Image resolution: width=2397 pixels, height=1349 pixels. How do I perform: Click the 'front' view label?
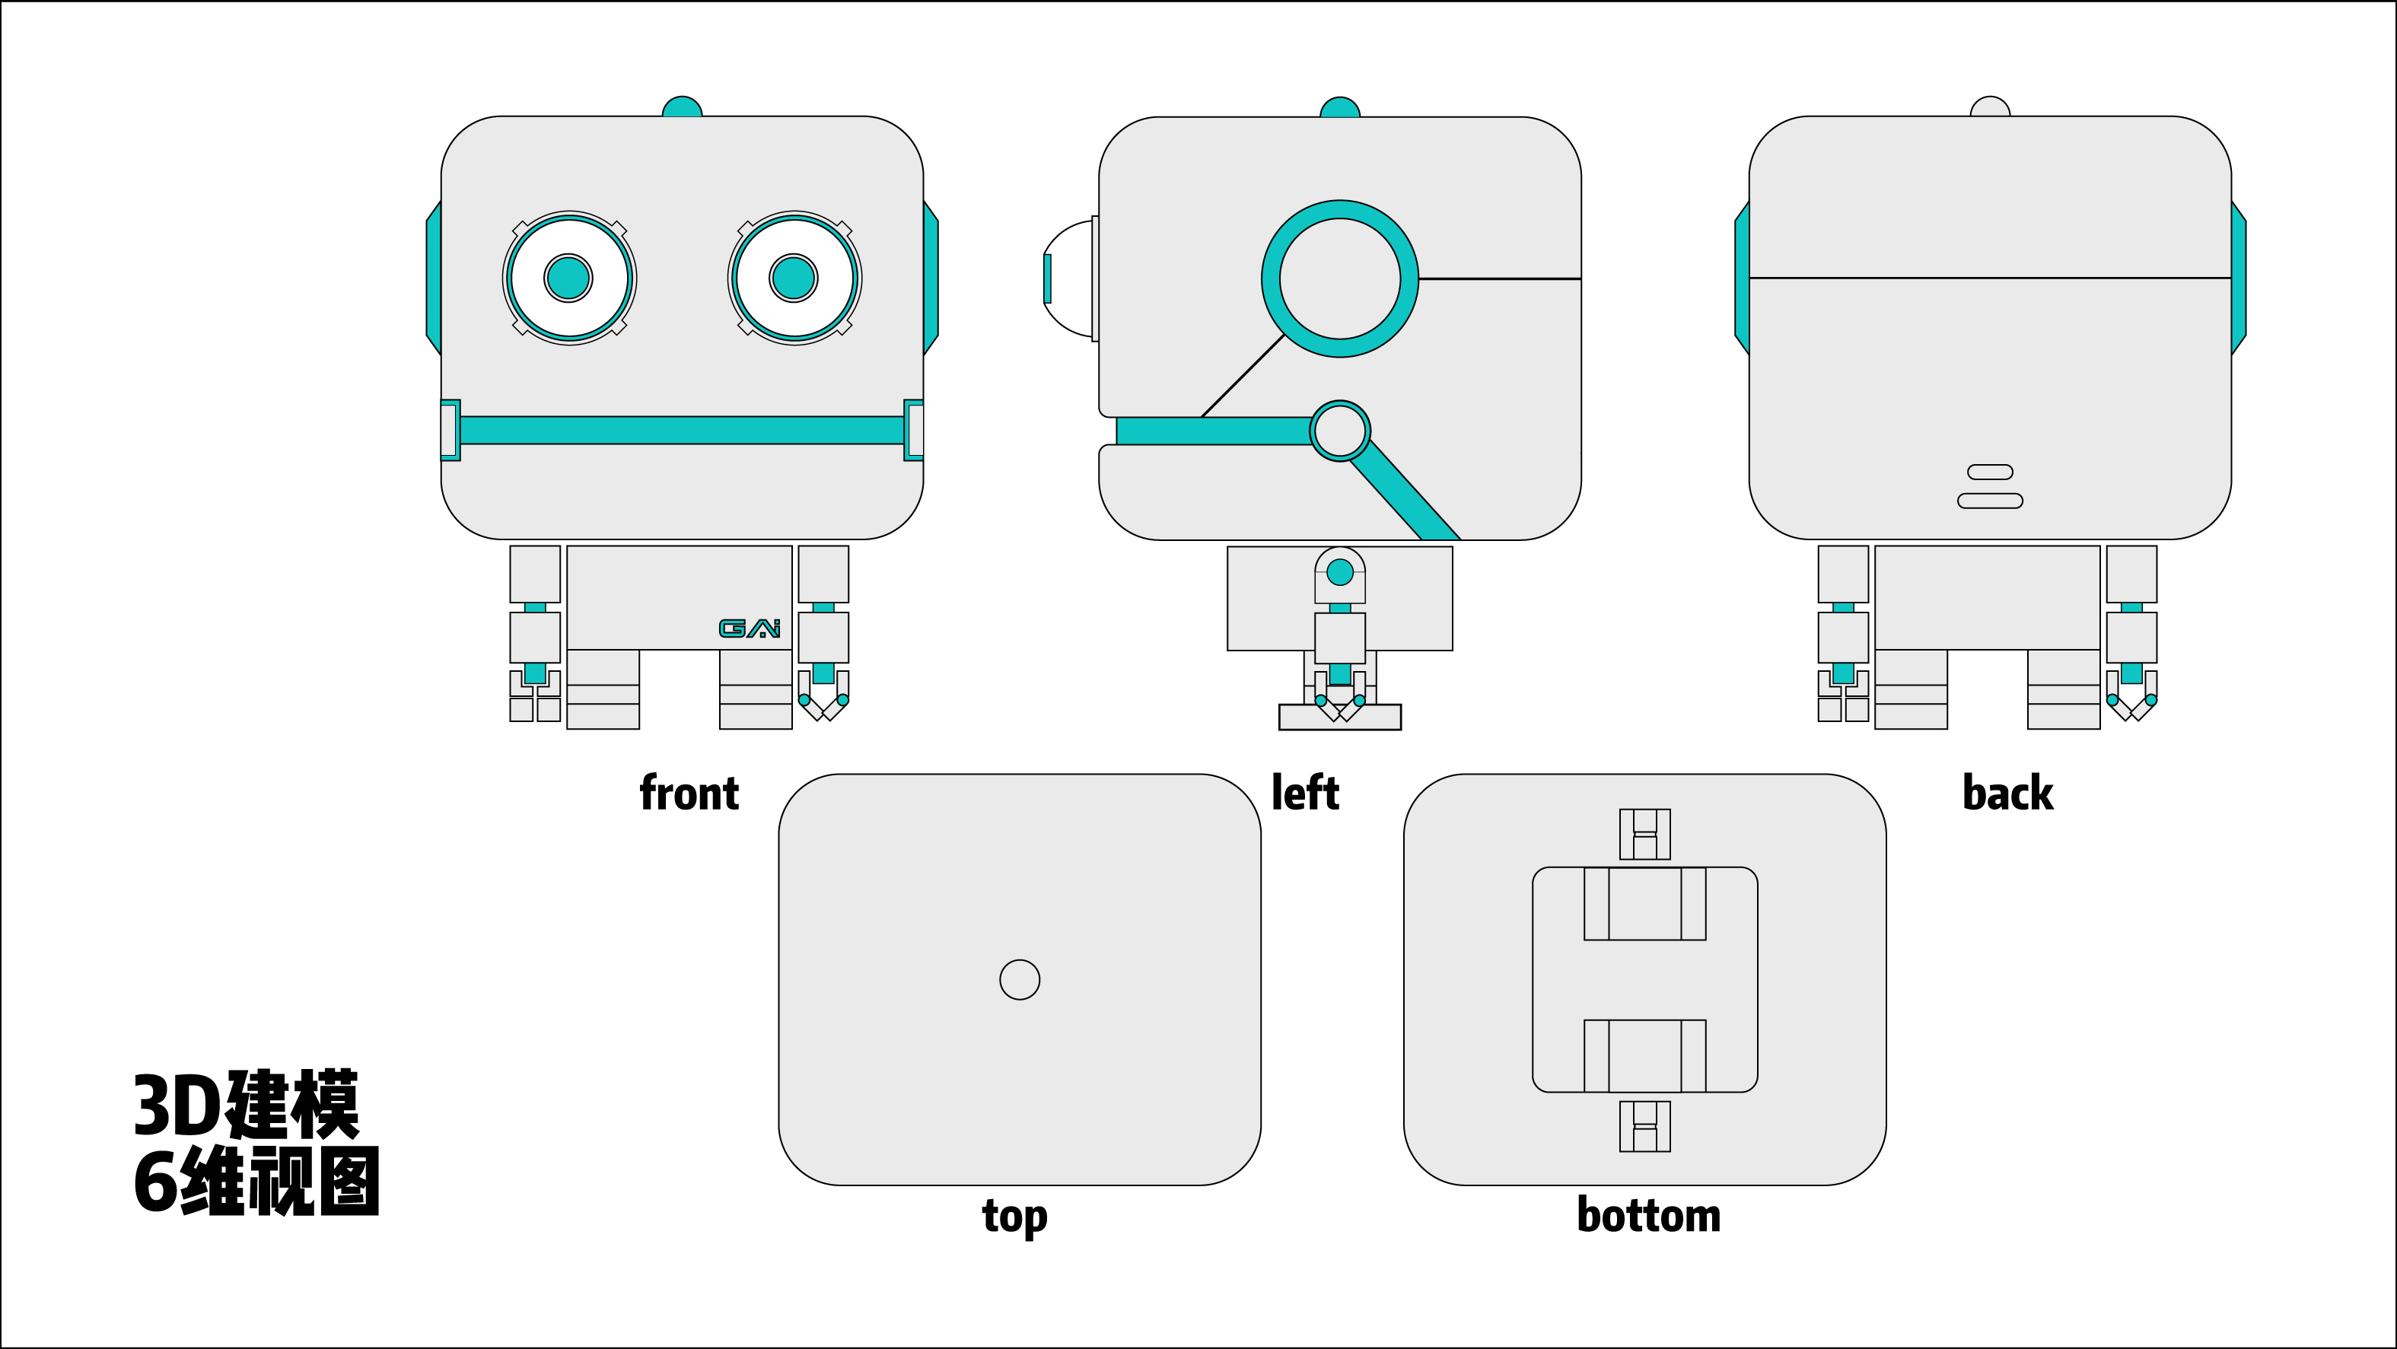pyautogui.click(x=689, y=794)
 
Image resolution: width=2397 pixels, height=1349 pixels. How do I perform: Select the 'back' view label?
pyautogui.click(x=2007, y=794)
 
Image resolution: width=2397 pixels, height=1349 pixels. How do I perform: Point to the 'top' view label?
pyautogui.click(x=1014, y=1216)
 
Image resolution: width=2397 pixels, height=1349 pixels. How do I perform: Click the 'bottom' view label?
pyautogui.click(x=1648, y=1216)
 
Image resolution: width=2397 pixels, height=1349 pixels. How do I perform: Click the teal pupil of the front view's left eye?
pyautogui.click(x=568, y=277)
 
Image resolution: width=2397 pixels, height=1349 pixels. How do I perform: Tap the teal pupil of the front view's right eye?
pyautogui.click(x=794, y=277)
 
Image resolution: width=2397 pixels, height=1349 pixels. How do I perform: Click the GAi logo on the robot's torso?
pyautogui.click(x=749, y=629)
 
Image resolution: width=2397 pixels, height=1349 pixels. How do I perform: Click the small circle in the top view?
pyautogui.click(x=1019, y=980)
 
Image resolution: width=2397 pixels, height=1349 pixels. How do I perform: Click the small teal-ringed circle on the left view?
pyautogui.click(x=1340, y=431)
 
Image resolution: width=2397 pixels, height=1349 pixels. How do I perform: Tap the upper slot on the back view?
pyautogui.click(x=1991, y=472)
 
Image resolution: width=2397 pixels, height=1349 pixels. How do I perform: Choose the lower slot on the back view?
pyautogui.click(x=1991, y=501)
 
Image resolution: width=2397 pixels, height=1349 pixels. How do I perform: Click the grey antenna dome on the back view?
pyautogui.click(x=1991, y=107)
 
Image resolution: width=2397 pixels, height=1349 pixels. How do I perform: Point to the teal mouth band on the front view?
pyautogui.click(x=682, y=430)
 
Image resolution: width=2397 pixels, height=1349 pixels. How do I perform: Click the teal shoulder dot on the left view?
pyautogui.click(x=1340, y=572)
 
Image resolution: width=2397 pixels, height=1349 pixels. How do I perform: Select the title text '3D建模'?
pyautogui.click(x=246, y=1106)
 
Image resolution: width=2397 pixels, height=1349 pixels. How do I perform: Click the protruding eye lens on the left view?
pyautogui.click(x=1068, y=278)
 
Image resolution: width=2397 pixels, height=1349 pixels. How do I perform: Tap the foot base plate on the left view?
pyautogui.click(x=1340, y=717)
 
